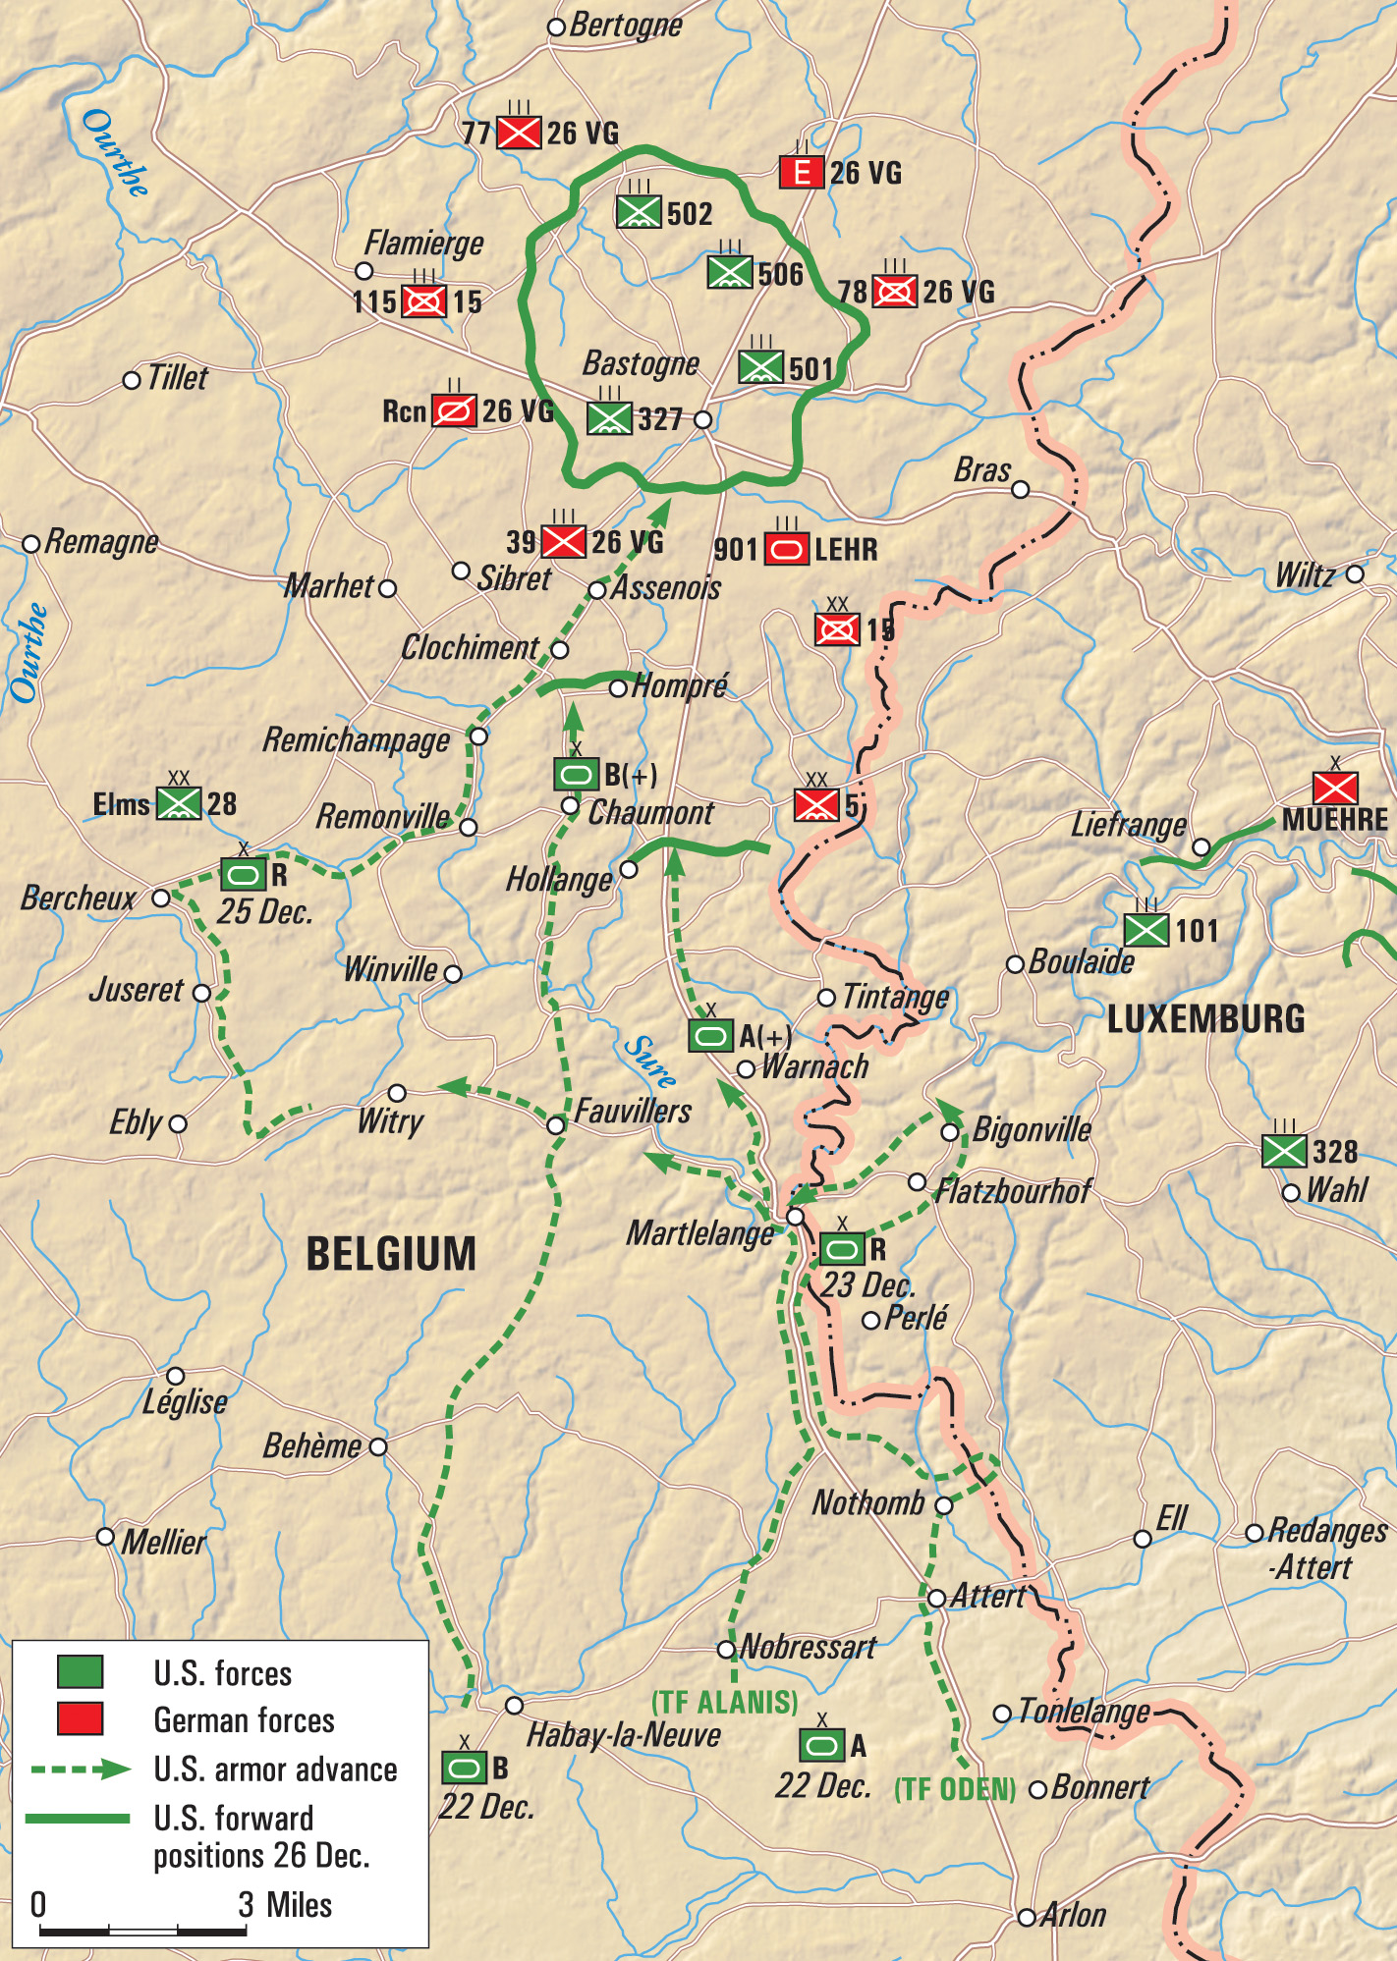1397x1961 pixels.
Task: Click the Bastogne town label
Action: [641, 363]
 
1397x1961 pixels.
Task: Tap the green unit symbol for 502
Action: [639, 212]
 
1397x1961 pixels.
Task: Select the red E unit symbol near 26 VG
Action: [802, 173]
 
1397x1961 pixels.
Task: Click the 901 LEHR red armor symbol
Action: [786, 549]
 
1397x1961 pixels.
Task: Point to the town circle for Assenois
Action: [597, 590]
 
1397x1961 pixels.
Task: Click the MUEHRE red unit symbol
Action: [1335, 789]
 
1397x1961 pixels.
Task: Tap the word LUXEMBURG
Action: [1205, 1019]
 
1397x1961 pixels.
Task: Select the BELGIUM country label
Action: [391, 1254]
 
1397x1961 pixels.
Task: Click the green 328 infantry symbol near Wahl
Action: [1284, 1151]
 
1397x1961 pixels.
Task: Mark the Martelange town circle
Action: [796, 1217]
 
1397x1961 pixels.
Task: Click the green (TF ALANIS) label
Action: [725, 1702]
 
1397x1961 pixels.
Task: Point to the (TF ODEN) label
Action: [955, 1789]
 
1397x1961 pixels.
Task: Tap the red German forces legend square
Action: [80, 1718]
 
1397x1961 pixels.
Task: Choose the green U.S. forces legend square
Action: [80, 1671]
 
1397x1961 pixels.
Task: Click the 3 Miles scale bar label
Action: [285, 1905]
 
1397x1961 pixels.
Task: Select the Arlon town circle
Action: [1027, 1917]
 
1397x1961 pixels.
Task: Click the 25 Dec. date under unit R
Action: [264, 912]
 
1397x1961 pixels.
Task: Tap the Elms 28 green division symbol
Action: [180, 803]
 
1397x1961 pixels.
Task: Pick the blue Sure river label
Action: [649, 1062]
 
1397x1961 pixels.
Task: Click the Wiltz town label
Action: [1305, 575]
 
